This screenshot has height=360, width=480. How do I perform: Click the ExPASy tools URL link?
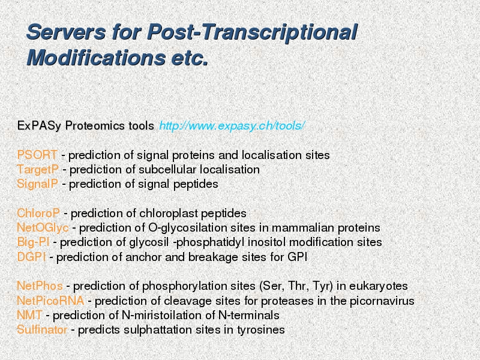[232, 126]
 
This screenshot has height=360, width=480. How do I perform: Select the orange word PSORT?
[37, 155]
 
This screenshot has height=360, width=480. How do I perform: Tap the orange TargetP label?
[37, 170]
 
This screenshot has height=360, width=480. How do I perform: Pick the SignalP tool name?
[37, 184]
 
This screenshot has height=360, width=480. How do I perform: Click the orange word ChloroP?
[38, 214]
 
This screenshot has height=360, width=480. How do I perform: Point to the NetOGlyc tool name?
[43, 228]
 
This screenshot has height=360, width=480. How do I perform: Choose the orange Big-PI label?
[33, 242]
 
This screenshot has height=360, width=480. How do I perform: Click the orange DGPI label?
[31, 257]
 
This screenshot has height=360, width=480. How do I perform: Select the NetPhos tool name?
[40, 286]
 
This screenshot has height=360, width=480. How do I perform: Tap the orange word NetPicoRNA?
[50, 301]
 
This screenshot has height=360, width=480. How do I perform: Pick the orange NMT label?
[29, 316]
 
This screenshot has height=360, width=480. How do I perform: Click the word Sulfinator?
[42, 329]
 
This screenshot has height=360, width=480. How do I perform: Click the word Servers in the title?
[67, 32]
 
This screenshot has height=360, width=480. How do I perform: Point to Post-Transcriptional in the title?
[252, 32]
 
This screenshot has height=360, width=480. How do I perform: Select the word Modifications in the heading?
[96, 58]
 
